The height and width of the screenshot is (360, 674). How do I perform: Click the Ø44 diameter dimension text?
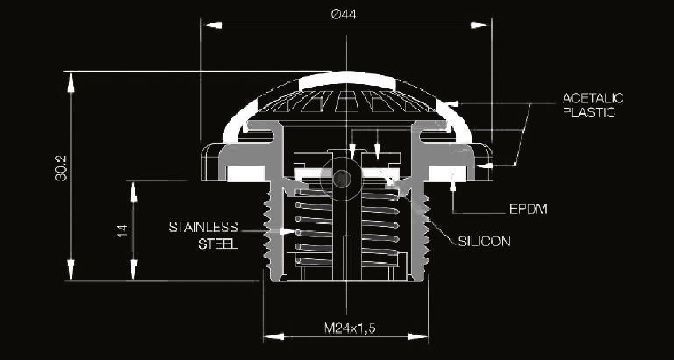tap(344, 14)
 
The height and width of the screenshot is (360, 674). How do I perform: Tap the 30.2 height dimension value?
tap(61, 168)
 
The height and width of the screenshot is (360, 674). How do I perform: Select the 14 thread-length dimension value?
tap(123, 230)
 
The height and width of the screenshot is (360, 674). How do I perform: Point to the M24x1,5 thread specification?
tap(350, 328)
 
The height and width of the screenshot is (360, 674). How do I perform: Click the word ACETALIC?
tap(592, 98)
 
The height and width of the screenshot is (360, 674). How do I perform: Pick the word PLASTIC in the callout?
tap(588, 112)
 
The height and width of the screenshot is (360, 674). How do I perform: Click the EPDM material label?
tap(529, 209)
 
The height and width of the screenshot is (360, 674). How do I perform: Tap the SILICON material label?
tap(484, 242)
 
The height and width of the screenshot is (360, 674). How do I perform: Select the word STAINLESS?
tap(202, 227)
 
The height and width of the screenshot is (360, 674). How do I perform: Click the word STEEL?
tap(218, 244)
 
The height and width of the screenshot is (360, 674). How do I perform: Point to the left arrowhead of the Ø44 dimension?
tap(211, 25)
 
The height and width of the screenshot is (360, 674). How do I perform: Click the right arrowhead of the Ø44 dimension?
tap(480, 25)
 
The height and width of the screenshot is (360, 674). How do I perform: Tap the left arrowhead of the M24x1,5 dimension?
tap(273, 336)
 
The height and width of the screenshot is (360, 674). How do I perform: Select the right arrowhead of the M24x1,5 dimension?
tap(418, 336)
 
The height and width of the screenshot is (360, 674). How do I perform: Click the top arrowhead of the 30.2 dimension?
tap(71, 82)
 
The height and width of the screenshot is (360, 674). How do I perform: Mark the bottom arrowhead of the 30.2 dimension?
tap(71, 270)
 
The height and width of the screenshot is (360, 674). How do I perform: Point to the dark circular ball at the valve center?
tap(342, 178)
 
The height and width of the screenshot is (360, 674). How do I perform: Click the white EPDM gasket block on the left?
tap(245, 173)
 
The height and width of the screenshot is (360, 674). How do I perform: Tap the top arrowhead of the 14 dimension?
tap(133, 192)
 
